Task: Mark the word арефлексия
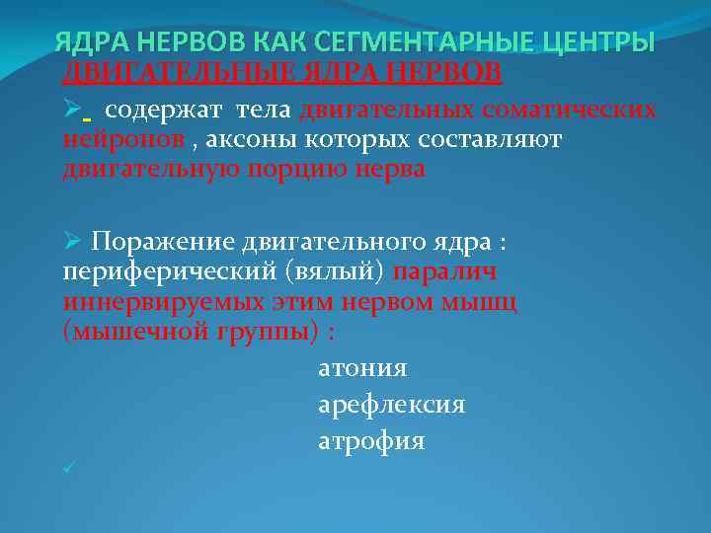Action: tap(391, 405)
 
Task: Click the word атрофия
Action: tap(371, 441)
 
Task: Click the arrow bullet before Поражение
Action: tap(69, 242)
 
